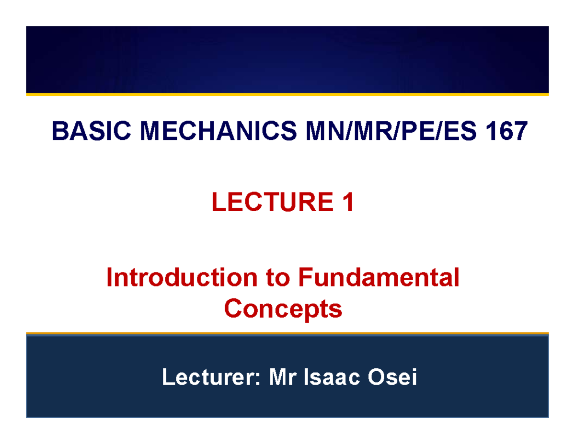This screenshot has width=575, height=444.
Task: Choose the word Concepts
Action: pos(283,308)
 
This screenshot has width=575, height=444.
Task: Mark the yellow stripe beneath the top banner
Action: pos(287,95)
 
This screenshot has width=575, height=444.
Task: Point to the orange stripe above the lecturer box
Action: pos(287,333)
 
